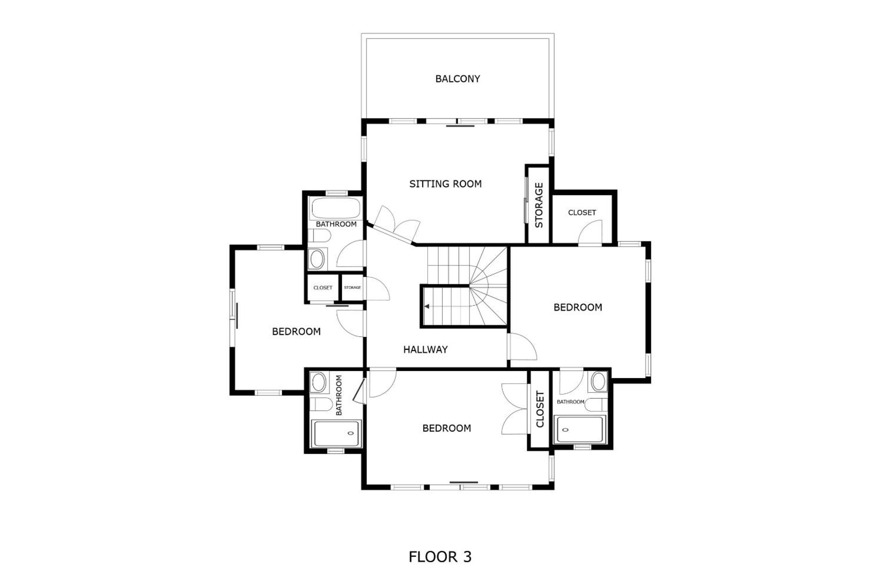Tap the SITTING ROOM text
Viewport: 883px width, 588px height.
pyautogui.click(x=445, y=184)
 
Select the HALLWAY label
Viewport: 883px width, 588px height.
pyautogui.click(x=425, y=349)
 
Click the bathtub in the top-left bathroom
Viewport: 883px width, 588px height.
pyautogui.click(x=336, y=208)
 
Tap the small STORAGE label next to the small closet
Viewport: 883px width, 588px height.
pyautogui.click(x=352, y=288)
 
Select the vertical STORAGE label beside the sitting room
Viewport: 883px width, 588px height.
pyautogui.click(x=539, y=205)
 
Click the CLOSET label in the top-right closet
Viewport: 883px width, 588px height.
pyautogui.click(x=582, y=213)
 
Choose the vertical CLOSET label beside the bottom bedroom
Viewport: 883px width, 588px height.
pyautogui.click(x=540, y=409)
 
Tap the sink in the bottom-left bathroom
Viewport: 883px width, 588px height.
pyautogui.click(x=319, y=382)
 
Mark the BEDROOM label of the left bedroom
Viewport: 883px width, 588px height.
pyautogui.click(x=296, y=331)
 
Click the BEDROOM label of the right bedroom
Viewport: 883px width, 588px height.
pyautogui.click(x=578, y=307)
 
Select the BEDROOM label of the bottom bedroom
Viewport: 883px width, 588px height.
pyautogui.click(x=446, y=428)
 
